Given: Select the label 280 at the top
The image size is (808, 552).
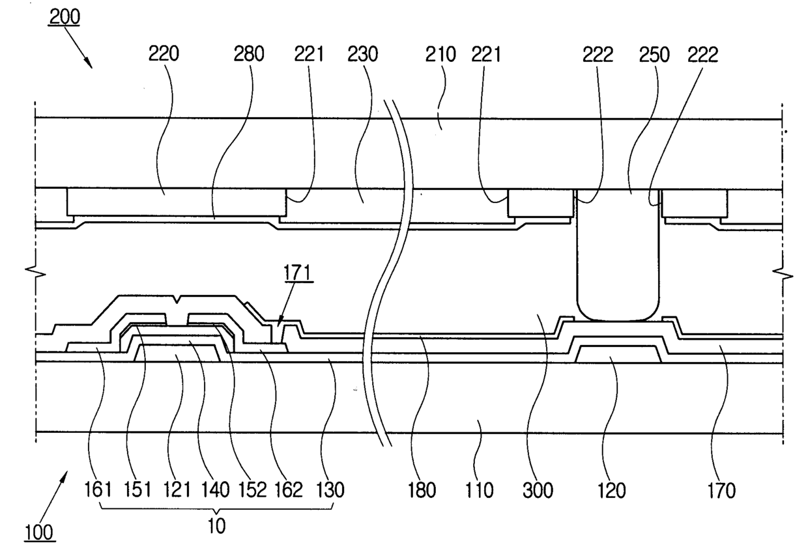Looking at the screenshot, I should click(x=248, y=55).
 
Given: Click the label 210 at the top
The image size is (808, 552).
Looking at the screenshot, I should click(x=440, y=55).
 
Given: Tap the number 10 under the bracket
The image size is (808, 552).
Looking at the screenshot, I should click(x=216, y=525).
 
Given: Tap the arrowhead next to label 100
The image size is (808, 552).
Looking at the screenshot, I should click(x=65, y=477).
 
